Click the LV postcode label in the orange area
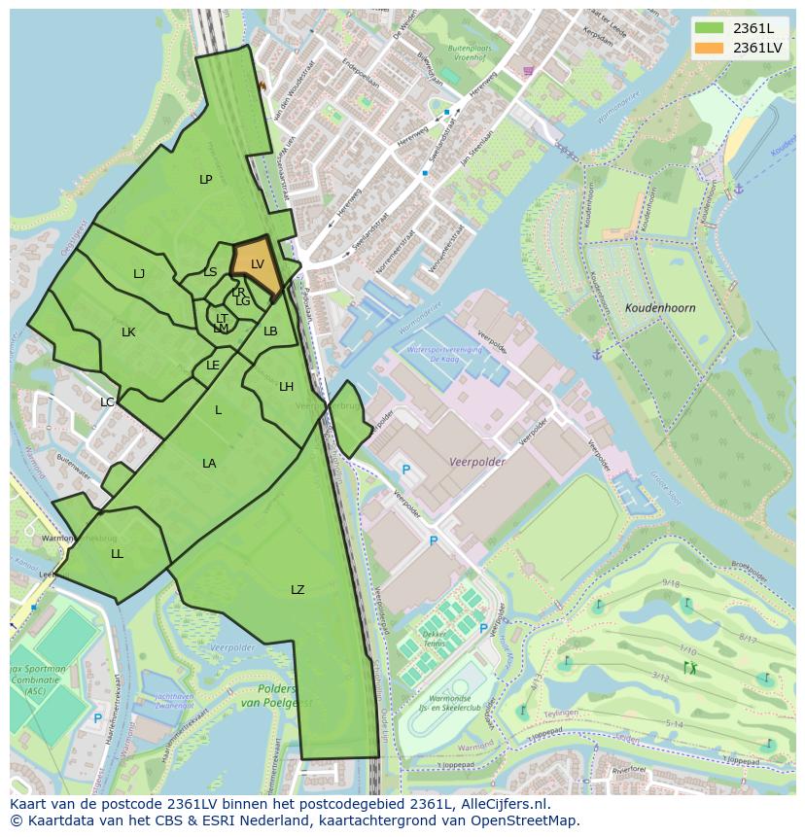pyautogui.click(x=257, y=264)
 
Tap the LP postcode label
pyautogui.click(x=205, y=180)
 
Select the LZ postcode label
pyautogui.click(x=297, y=590)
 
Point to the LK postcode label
pyautogui.click(x=128, y=332)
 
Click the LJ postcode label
pyautogui.click(x=139, y=274)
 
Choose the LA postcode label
pyautogui.click(x=209, y=464)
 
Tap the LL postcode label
pyautogui.click(x=117, y=554)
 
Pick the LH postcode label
pyautogui.click(x=286, y=387)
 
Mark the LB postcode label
pyautogui.click(x=270, y=331)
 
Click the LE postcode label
pyautogui.click(x=213, y=366)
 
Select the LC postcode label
pyautogui.click(x=107, y=402)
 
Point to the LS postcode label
pyautogui.click(x=210, y=272)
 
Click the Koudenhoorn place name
pyautogui.click(x=661, y=308)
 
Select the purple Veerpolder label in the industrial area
pyautogui.click(x=477, y=463)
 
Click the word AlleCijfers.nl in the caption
pyautogui.click(x=506, y=804)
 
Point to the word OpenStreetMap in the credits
pyautogui.click(x=524, y=820)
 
